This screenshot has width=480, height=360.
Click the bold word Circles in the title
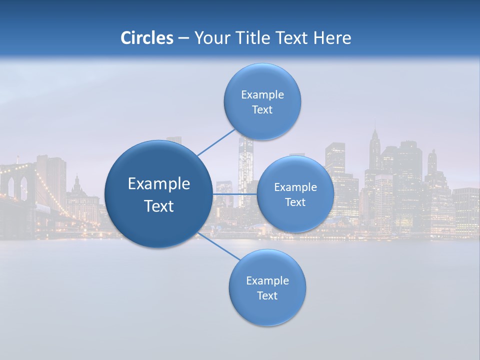point(146,38)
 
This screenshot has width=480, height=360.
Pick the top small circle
point(262,80)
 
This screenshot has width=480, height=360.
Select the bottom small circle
point(267,310)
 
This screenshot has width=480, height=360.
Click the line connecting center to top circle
point(216,142)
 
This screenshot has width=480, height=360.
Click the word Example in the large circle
point(159,184)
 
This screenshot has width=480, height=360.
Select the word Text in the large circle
point(159,206)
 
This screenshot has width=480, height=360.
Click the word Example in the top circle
point(262,95)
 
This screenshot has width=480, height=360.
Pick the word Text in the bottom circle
point(267,296)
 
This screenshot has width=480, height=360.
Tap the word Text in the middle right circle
point(295,202)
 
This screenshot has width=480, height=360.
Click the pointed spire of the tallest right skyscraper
point(374,131)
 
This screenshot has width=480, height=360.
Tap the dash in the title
point(183,38)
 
